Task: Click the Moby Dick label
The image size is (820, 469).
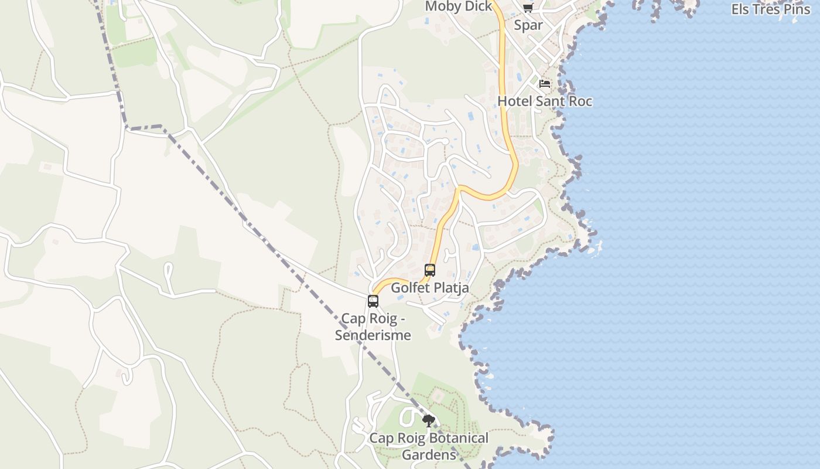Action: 459,6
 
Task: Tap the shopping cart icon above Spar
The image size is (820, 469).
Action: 528,8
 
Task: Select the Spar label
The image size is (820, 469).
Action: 528,25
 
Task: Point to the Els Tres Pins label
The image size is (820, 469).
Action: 771,9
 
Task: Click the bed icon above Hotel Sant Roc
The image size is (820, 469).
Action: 545,84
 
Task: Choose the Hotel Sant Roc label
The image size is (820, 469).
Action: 545,101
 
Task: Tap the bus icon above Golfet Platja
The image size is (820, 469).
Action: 430,270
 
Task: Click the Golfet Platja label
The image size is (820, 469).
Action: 430,288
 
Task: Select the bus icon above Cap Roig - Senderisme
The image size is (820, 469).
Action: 373,301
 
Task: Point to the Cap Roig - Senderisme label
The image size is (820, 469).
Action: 373,327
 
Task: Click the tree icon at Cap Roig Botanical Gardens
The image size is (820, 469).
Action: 429,420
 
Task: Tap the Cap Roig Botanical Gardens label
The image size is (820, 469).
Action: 429,446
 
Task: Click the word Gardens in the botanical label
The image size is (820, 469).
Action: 429,455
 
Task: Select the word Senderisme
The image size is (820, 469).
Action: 373,336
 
